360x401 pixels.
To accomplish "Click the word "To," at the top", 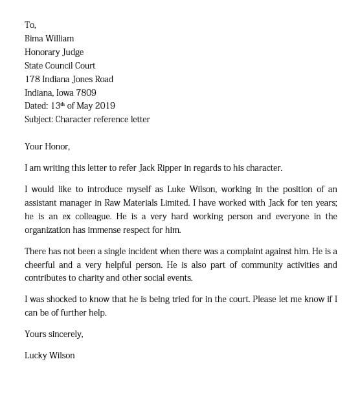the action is tap(30, 25).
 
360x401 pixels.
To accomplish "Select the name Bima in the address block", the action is tap(35, 39).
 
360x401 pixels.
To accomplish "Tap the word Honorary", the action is tap(43, 52).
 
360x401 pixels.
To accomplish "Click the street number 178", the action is tap(32, 79).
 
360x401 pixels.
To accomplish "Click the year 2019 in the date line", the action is tap(105, 106).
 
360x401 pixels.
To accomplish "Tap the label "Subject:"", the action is tap(39, 120).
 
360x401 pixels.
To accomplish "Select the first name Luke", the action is tap(177, 190).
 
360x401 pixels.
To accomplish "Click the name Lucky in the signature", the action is tap(36, 356).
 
